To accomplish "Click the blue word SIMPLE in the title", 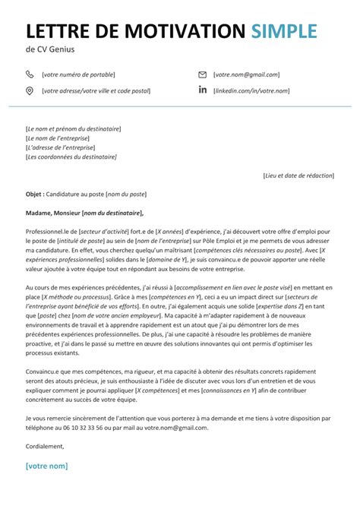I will [284, 31].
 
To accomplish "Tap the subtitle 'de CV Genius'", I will [50, 52].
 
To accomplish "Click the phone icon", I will [30, 74].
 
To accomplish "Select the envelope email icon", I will [202, 74].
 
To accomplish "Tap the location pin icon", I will [30, 90].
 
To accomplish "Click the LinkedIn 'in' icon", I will [202, 90].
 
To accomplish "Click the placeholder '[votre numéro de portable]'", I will [79, 74].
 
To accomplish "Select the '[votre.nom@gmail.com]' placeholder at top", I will [247, 74].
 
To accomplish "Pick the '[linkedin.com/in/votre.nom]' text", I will [251, 90].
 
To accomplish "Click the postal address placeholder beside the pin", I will [96, 90].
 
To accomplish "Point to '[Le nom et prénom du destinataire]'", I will [73, 129].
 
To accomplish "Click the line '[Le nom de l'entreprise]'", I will [58, 138].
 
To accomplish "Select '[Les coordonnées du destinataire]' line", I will [71, 156].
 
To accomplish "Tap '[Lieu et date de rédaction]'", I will [298, 175].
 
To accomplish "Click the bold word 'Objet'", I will [34, 194].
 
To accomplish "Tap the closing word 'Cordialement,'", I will [45, 446].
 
